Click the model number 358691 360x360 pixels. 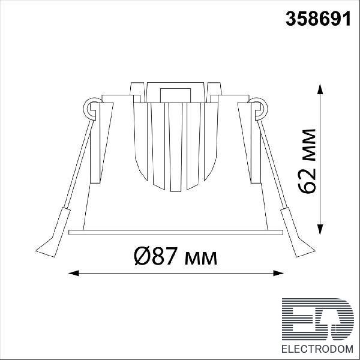tap(318, 19)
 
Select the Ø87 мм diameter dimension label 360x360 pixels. tap(176, 256)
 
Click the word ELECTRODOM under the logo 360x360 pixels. tap(317, 349)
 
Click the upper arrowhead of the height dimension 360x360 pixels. tap(320, 89)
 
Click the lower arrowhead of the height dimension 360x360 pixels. tap(320, 229)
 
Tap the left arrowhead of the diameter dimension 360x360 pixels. tap(74, 273)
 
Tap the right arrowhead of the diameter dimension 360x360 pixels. tap(278, 273)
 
